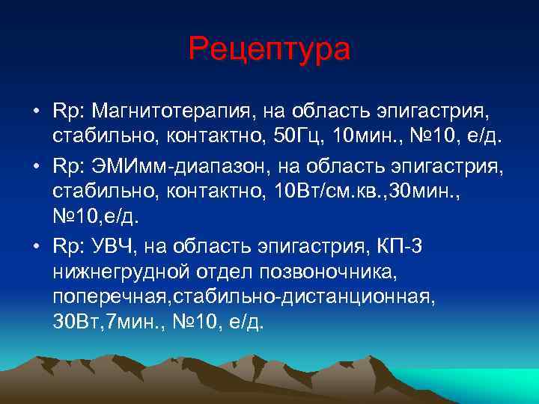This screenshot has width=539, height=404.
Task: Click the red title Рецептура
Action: (269, 49)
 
